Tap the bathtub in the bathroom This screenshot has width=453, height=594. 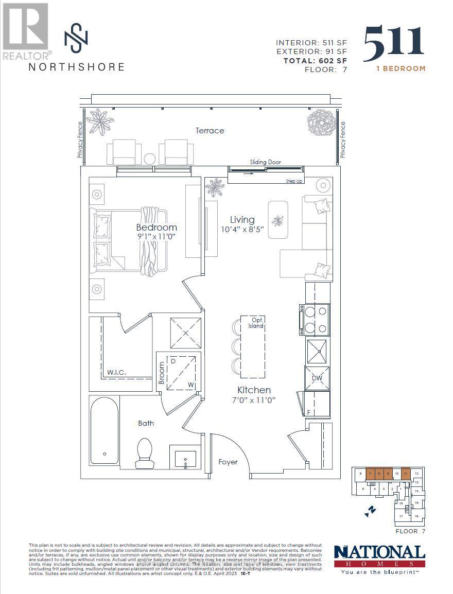tap(104, 430)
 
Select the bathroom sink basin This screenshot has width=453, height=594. tap(185, 458)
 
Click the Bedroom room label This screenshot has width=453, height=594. tap(156, 228)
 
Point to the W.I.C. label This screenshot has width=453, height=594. tap(117, 372)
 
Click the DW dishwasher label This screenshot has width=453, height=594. tap(317, 378)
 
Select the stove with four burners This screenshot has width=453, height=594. tap(315, 319)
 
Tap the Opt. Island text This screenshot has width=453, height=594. tap(256, 323)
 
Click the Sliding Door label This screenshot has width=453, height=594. tap(266, 162)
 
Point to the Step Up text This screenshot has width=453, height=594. tap(294, 181)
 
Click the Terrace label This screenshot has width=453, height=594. tap(210, 131)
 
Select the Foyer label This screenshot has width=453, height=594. tap(228, 462)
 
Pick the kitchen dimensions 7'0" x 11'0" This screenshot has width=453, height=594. tap(253, 400)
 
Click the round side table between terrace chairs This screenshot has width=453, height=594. tap(150, 158)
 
